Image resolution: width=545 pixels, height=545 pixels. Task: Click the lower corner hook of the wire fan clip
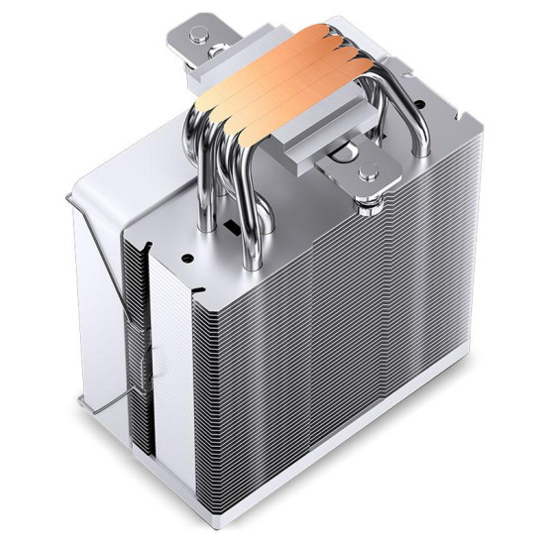(x=84, y=400)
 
